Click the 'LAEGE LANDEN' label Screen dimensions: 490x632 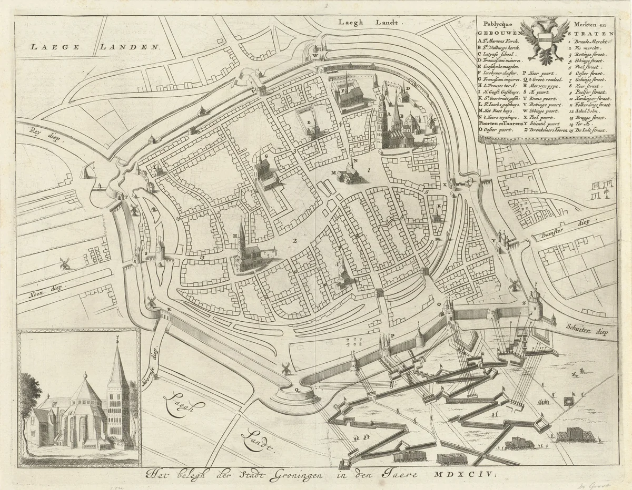95,46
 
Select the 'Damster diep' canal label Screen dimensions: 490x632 558,232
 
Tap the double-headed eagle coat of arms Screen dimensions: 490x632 544,39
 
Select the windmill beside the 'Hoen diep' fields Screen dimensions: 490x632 65,262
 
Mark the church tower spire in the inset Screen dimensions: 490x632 117,363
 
